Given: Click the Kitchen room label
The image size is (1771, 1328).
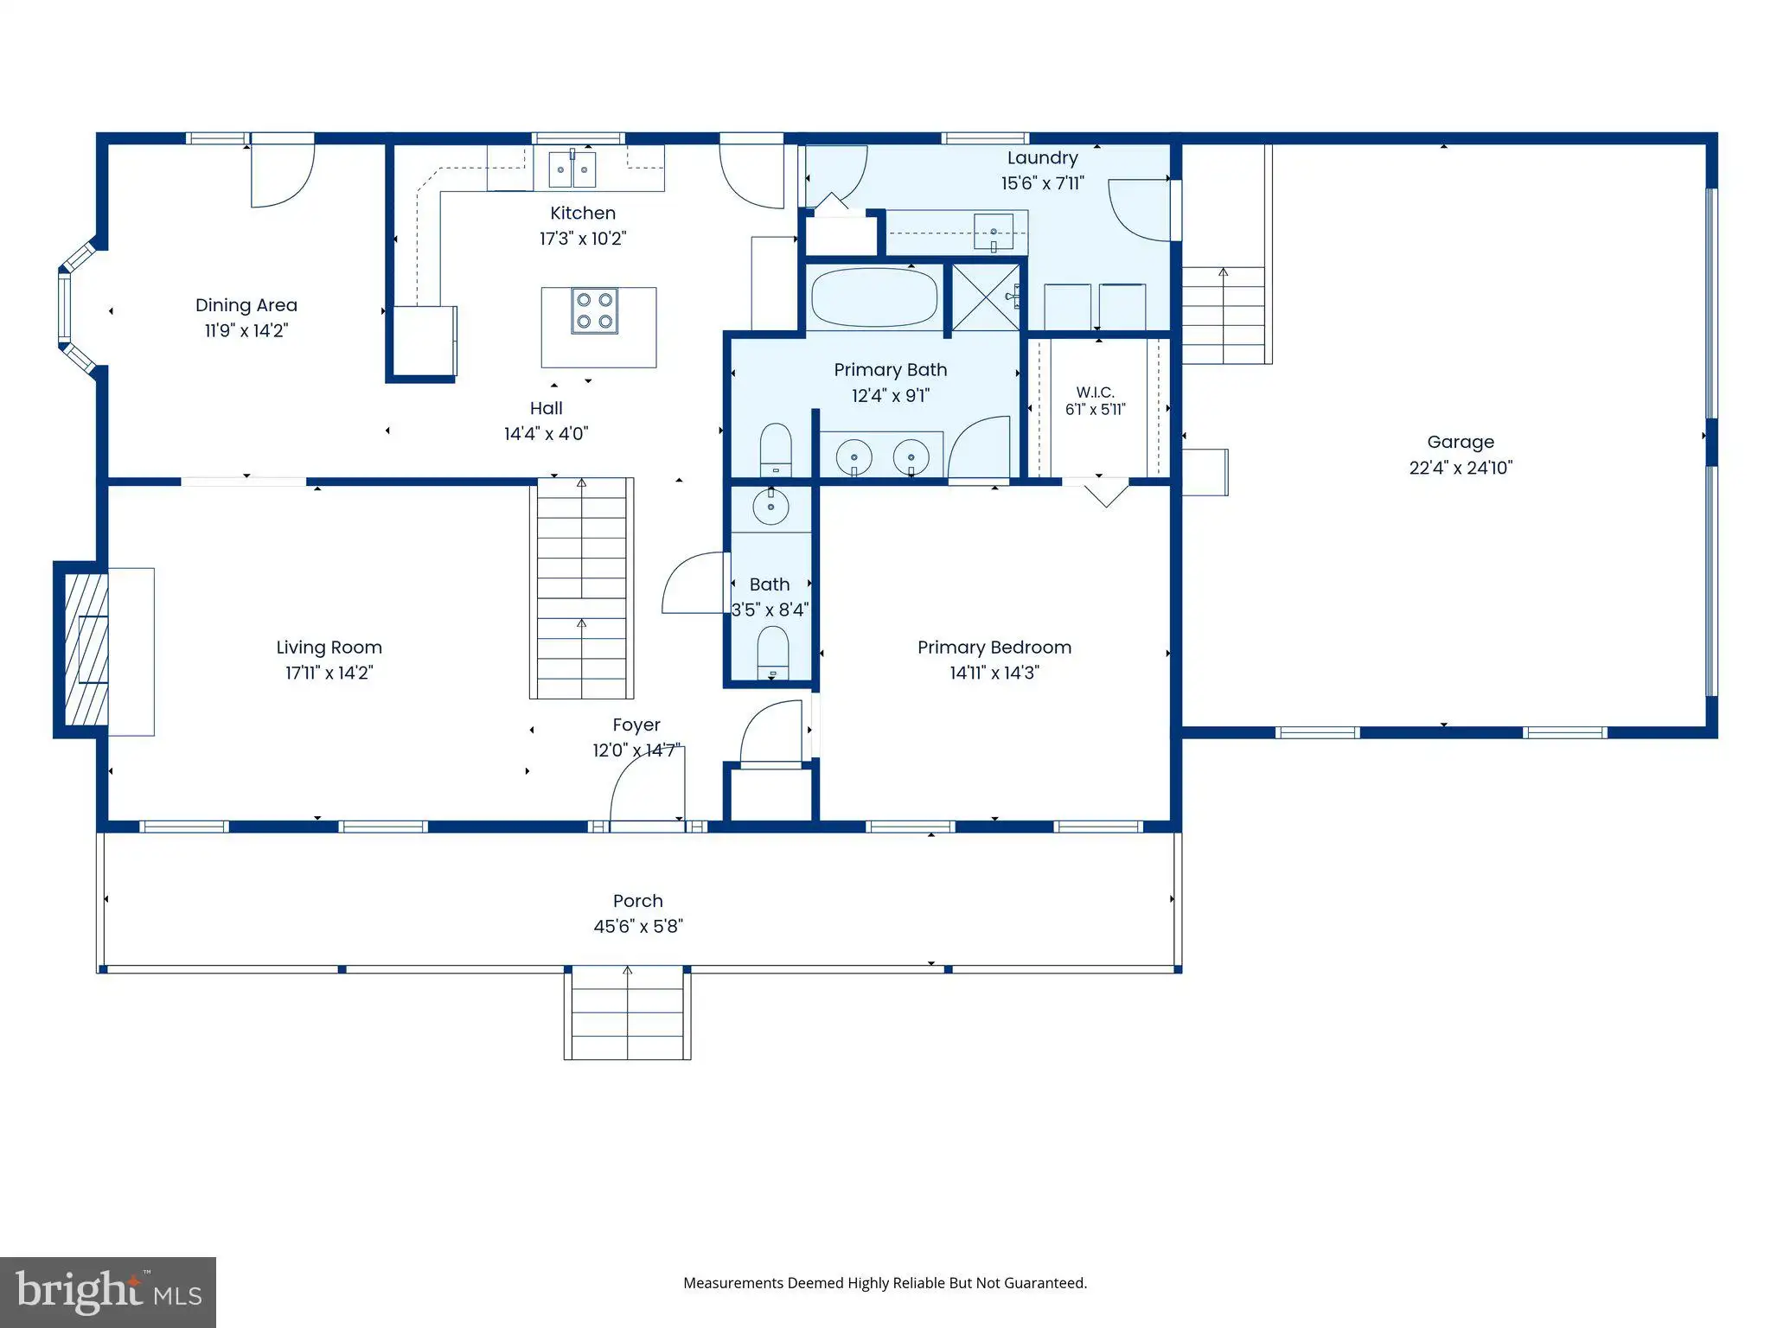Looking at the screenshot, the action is [583, 213].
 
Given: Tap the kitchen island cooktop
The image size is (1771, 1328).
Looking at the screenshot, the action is [595, 311].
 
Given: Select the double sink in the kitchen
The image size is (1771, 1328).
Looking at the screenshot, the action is [572, 169].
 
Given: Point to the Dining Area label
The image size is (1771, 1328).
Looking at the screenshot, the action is [246, 305].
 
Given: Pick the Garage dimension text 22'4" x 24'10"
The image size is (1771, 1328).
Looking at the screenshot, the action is [1461, 468].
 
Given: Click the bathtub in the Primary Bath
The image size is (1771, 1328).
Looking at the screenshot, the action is [874, 297].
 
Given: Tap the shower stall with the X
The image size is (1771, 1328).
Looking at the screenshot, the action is [986, 297].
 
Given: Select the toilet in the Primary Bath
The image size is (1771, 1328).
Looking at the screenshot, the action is [776, 450].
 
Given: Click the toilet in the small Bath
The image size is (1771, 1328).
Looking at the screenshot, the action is [773, 653].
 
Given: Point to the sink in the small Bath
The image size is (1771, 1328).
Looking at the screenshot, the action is [770, 507].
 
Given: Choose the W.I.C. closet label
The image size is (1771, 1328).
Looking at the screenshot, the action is [1096, 393].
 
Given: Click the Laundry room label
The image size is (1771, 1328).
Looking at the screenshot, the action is [1043, 158].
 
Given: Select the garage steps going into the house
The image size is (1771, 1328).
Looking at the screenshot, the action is [1223, 315].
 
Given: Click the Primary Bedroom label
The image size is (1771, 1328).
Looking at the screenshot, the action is [994, 648].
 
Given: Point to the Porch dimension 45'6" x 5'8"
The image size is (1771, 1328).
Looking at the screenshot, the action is [638, 927].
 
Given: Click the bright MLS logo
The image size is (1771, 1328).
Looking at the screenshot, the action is [108, 1292].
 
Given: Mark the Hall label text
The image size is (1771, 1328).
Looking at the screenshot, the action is [546, 408].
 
